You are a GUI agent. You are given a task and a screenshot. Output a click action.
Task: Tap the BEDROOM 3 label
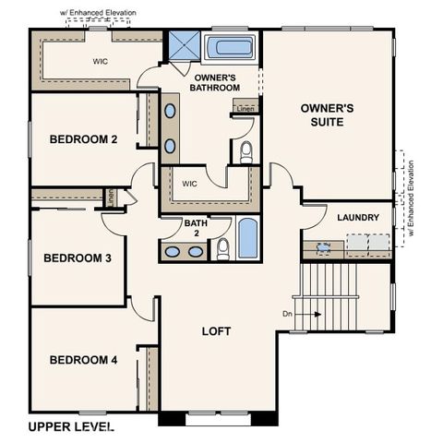click(x=78, y=257)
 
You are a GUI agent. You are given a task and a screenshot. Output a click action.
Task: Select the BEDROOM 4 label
click(x=83, y=359)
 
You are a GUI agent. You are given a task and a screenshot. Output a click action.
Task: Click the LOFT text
click(x=216, y=330)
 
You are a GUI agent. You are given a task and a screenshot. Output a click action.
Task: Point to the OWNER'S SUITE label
click(x=328, y=114)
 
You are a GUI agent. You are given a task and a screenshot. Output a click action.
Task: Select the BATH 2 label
click(x=195, y=228)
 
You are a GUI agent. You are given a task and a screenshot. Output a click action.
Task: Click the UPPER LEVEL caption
click(x=70, y=426)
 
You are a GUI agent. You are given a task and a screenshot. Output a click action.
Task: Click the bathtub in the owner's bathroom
click(x=231, y=47)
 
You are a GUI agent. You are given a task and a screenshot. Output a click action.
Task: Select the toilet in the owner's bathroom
click(x=246, y=152)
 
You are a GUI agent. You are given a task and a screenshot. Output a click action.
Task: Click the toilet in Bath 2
click(x=222, y=248)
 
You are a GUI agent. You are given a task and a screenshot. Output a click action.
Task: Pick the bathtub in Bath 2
click(x=247, y=238)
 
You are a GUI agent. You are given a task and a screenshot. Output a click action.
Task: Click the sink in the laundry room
click(x=323, y=247)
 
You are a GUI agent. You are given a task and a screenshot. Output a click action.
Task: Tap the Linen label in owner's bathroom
click(x=245, y=108)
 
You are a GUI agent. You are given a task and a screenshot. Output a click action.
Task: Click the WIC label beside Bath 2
click(x=190, y=184)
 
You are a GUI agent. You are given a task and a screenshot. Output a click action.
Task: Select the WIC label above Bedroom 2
click(x=101, y=62)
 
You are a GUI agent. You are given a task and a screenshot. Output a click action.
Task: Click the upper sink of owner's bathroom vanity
click(x=172, y=111)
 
